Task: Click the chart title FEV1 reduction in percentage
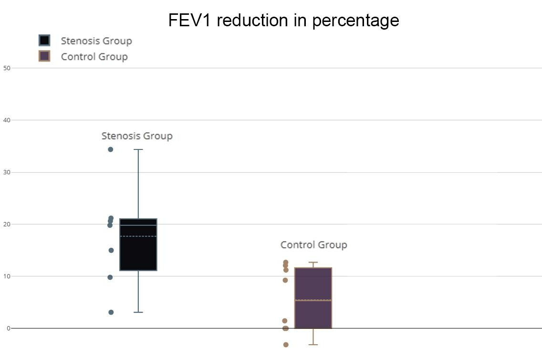click(283, 21)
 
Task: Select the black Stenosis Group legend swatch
click(44, 41)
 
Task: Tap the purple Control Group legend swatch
click(44, 56)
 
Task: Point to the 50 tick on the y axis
click(7, 68)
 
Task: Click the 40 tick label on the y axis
click(7, 120)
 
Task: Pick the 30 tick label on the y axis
click(7, 172)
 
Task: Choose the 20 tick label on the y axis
click(7, 224)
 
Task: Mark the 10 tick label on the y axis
click(7, 276)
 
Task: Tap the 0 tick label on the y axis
click(8, 328)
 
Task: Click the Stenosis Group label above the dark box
click(137, 136)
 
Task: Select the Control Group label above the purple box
click(313, 245)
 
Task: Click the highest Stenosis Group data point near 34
click(111, 149)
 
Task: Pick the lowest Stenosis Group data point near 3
click(111, 312)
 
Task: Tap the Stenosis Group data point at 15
click(111, 250)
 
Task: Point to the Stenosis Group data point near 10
click(110, 277)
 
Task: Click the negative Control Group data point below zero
click(286, 345)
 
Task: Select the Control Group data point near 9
click(285, 280)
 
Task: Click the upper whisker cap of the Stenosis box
click(138, 149)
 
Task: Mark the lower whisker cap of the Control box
click(313, 345)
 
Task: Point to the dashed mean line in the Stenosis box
click(138, 236)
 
